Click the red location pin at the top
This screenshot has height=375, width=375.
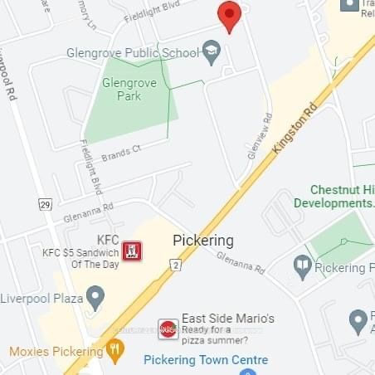click(x=229, y=16)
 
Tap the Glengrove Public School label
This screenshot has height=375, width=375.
click(x=133, y=53)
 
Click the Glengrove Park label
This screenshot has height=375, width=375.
click(x=122, y=90)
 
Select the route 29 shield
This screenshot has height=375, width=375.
click(x=46, y=204)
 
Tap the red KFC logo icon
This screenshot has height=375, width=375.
click(x=130, y=251)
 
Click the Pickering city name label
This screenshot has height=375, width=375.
click(x=203, y=241)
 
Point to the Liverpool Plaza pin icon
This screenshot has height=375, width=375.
click(x=96, y=297)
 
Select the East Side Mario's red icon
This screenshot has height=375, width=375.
click(x=168, y=329)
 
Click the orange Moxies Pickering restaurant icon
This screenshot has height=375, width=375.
click(x=116, y=351)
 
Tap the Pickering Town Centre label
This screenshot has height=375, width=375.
click(x=206, y=360)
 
